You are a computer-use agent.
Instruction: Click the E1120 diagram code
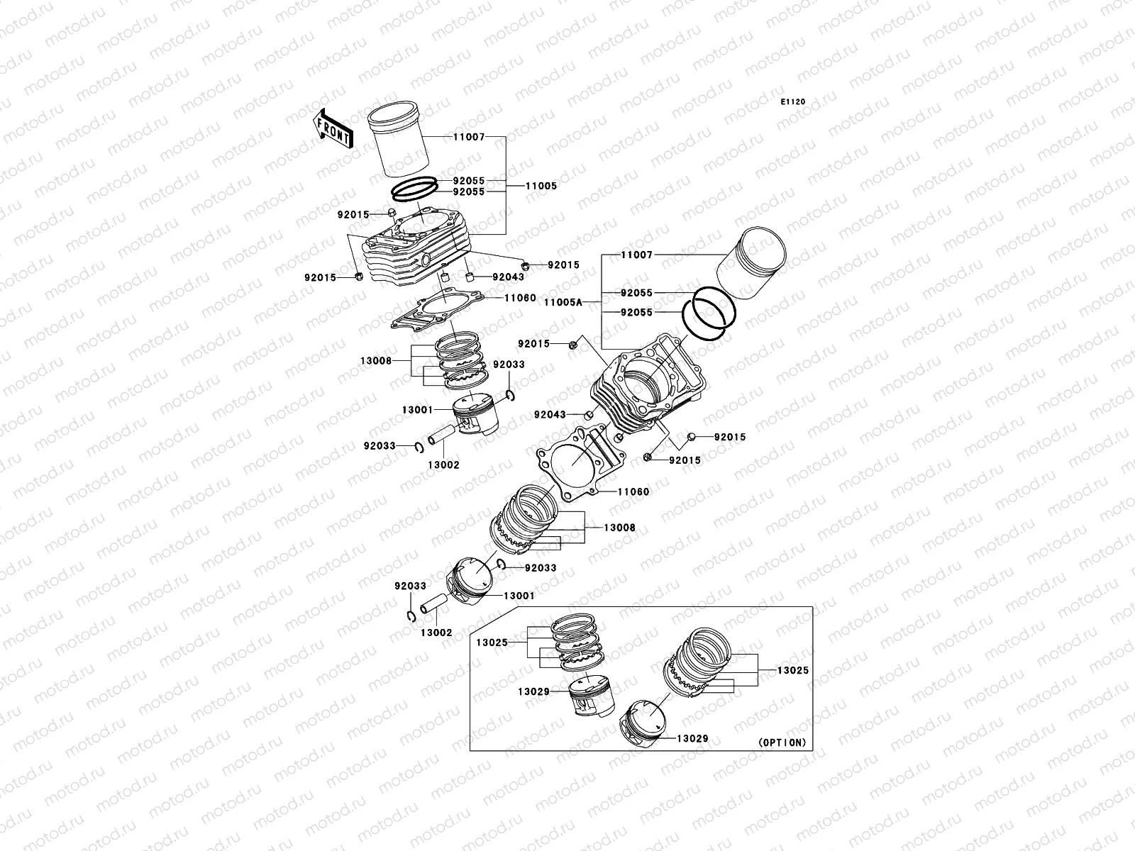coord(793,102)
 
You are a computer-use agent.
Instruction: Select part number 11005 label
coord(541,186)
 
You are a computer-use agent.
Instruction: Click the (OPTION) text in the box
coord(782,742)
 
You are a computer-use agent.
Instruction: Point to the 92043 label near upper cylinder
coord(509,277)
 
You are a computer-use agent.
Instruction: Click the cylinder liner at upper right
coord(751,267)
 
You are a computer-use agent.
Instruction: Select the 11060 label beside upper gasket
coord(520,299)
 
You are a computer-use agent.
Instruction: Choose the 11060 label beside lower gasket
coord(633,491)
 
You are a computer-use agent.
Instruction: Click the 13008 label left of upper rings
coord(376,361)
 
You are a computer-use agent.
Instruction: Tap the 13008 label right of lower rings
coord(619,528)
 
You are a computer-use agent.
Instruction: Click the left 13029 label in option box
coord(533,691)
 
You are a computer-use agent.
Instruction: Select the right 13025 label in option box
coord(792,670)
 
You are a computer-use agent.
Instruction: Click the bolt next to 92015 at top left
coord(391,213)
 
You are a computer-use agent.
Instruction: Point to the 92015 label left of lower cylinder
coord(533,344)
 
